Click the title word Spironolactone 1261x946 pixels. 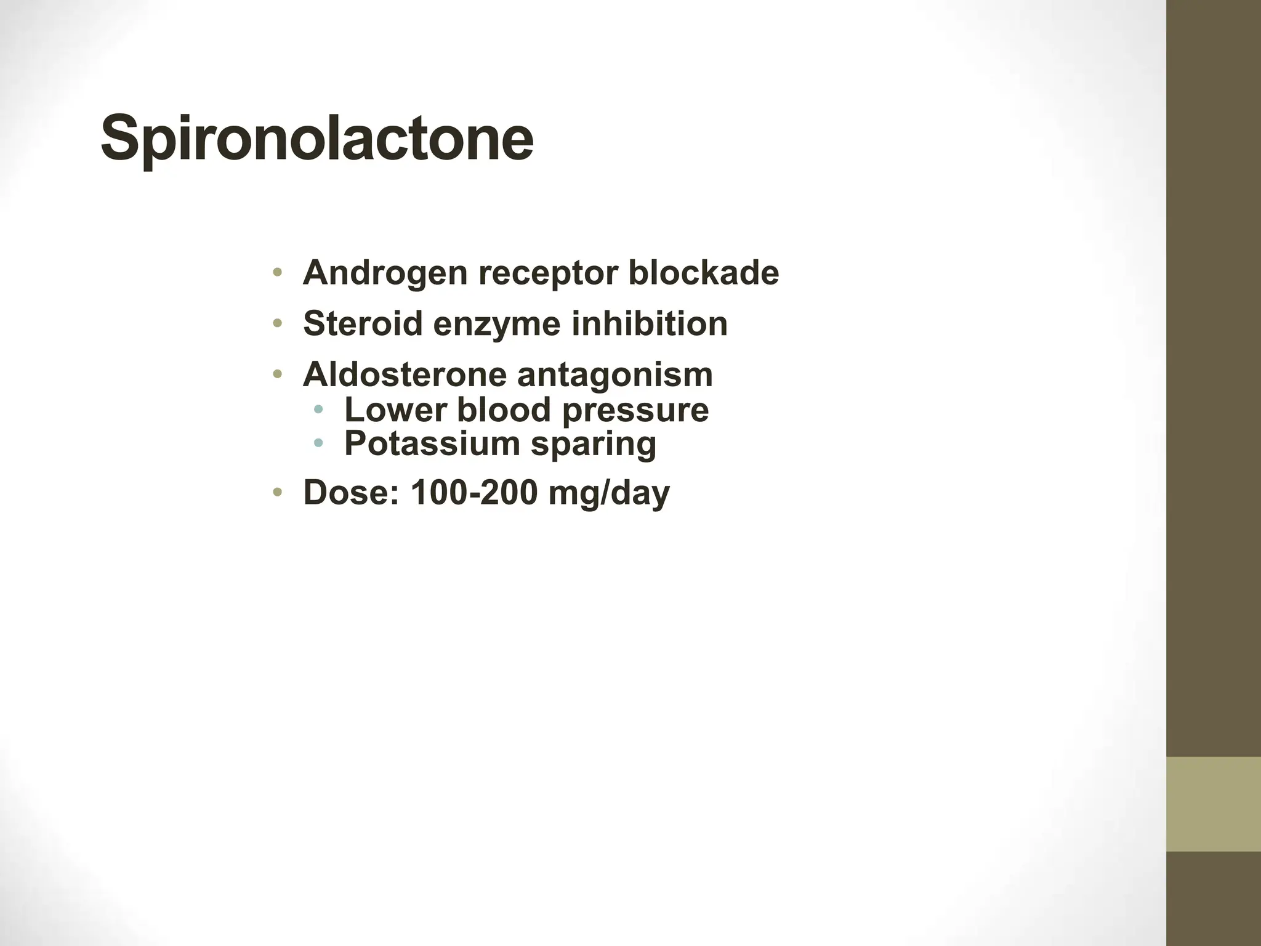point(316,138)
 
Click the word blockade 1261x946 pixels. point(703,273)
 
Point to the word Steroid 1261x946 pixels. point(363,324)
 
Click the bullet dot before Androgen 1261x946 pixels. point(278,272)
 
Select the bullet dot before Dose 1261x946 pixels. point(278,491)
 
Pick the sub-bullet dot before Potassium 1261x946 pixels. point(318,442)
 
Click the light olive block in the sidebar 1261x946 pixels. point(1213,804)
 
